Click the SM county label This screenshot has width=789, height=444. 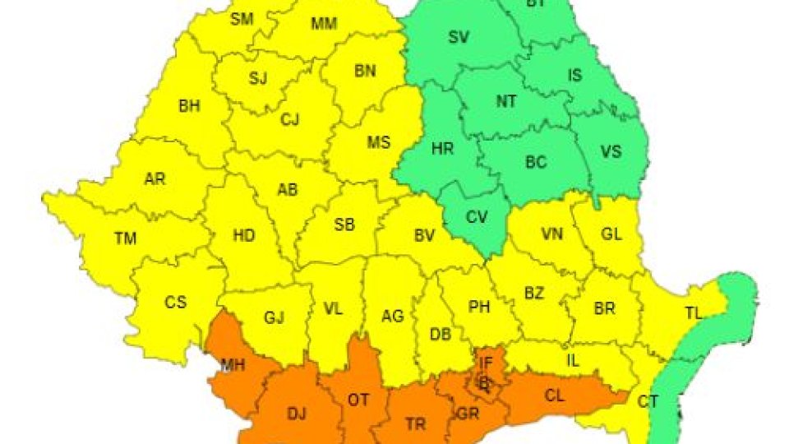[x=242, y=20]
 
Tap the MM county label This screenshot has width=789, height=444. [x=324, y=24]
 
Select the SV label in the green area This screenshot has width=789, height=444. [x=459, y=37]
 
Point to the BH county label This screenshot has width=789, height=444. [x=190, y=106]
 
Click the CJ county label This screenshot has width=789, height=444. [x=290, y=120]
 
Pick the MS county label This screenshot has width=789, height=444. [x=378, y=142]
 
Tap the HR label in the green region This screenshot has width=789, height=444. [x=443, y=149]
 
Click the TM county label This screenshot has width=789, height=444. [x=126, y=238]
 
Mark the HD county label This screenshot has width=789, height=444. [x=244, y=236]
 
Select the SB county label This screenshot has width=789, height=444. [x=345, y=225]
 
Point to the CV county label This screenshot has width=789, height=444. [x=477, y=218]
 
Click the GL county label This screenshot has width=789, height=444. [x=611, y=234]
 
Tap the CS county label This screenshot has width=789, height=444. [x=176, y=303]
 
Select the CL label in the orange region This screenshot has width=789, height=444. [x=555, y=395]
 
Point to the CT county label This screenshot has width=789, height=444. [x=648, y=402]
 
